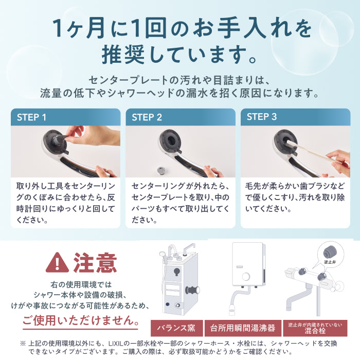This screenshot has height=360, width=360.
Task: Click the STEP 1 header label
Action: tap(32, 117)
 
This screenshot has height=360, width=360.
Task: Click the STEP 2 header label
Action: tap(147, 117)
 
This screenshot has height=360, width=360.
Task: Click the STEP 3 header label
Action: tap(261, 117)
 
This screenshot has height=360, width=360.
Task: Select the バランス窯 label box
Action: tap(176, 328)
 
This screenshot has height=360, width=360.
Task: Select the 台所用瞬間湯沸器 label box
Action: tap(243, 328)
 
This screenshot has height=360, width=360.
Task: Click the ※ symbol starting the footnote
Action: tap(23, 343)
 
